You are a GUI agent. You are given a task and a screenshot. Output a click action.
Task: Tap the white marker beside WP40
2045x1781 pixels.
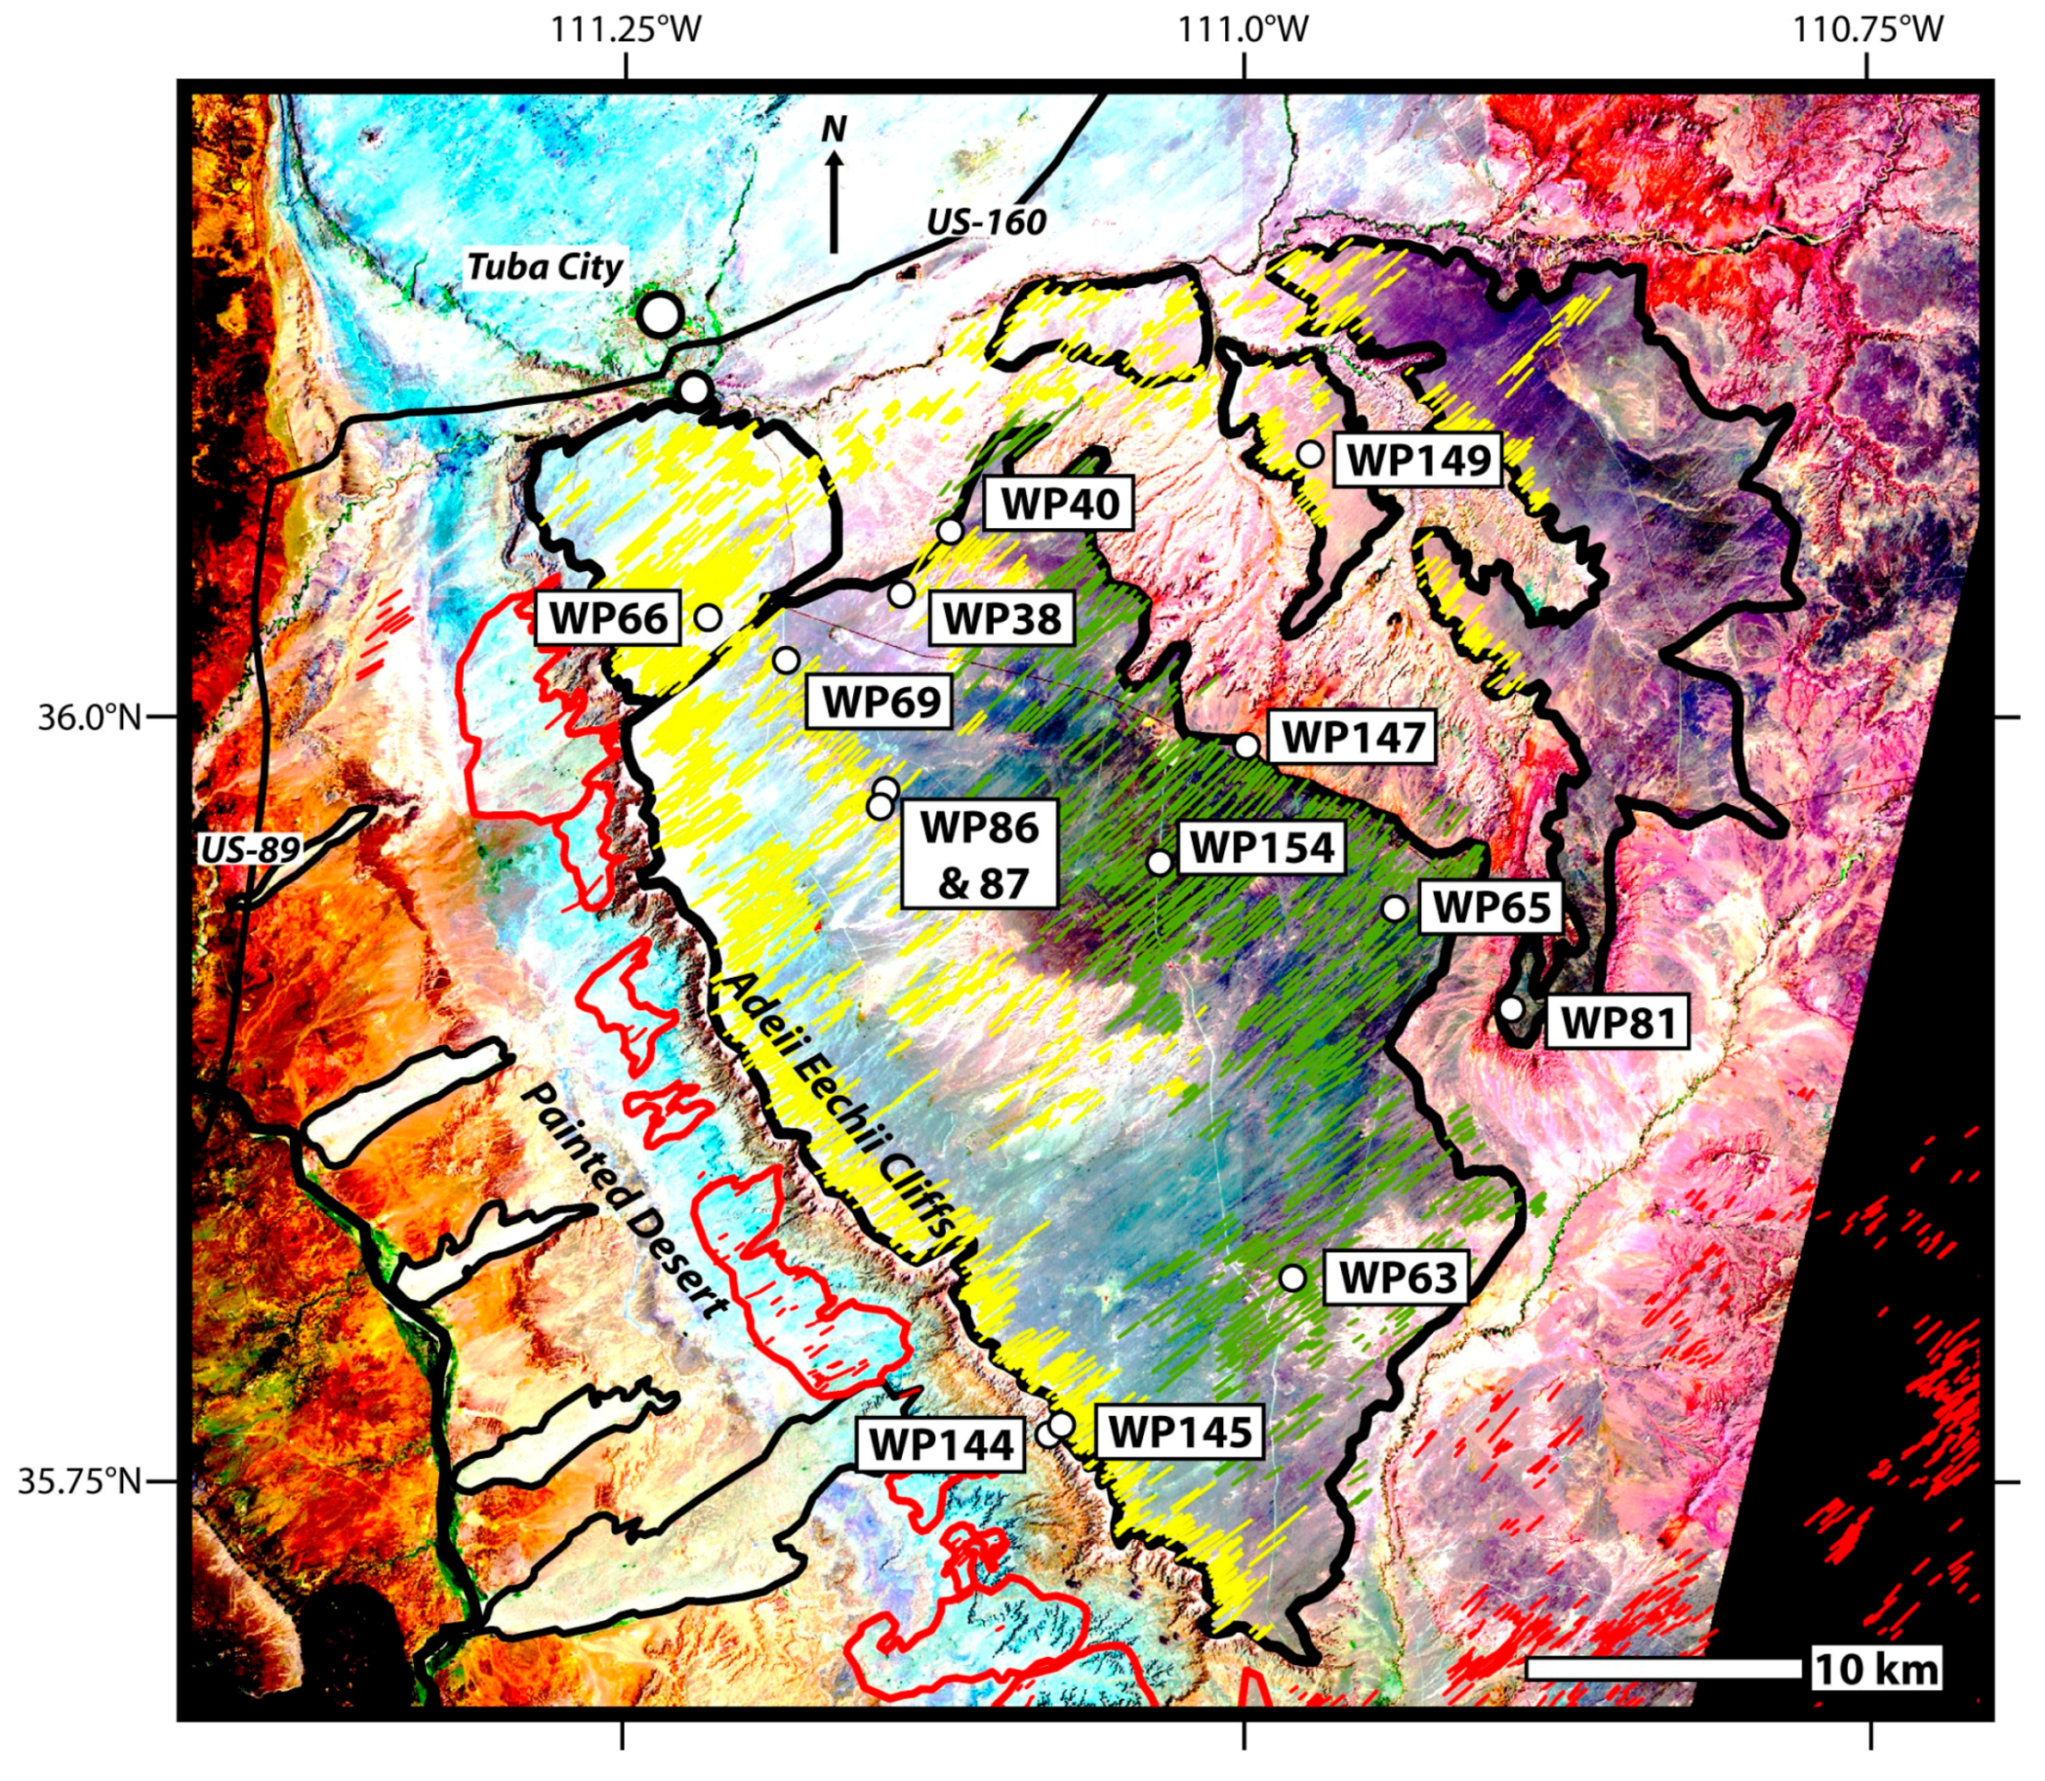tap(951, 531)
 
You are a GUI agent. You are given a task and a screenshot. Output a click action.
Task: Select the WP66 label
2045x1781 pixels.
tap(607, 617)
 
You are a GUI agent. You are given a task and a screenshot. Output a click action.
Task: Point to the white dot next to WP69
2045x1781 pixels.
tap(785, 659)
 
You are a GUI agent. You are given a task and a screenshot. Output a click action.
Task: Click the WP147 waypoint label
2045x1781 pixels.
tap(1353, 738)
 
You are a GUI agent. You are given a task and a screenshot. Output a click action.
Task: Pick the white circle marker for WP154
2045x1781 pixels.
tap(1160, 862)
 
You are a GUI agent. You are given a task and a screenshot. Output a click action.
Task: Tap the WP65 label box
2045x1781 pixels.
tap(1490, 906)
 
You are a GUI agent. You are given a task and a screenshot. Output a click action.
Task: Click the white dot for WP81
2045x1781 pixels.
tap(1510, 1007)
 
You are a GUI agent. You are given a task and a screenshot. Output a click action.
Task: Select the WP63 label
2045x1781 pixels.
tap(1397, 1277)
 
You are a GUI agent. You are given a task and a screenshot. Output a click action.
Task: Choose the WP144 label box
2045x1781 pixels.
tap(941, 1445)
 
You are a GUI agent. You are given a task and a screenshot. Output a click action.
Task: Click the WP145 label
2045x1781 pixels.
tap(1179, 1432)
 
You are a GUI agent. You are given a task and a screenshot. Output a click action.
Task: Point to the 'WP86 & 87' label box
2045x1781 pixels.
tap(978, 855)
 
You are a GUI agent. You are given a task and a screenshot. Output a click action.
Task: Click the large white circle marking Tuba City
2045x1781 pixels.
tap(660, 314)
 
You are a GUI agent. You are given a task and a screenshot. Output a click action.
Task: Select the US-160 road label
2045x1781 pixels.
tap(987, 222)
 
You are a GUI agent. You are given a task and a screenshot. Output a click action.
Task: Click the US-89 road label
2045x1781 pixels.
tap(249, 849)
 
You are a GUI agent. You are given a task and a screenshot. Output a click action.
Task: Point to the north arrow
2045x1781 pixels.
tap(834, 189)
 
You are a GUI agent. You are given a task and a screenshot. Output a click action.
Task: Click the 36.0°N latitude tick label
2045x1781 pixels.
tap(89, 717)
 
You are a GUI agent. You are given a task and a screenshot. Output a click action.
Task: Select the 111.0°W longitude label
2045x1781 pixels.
tap(1242, 29)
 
